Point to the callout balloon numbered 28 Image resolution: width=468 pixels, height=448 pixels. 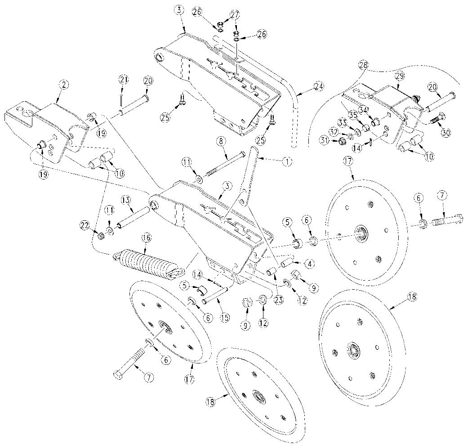coord(364,64)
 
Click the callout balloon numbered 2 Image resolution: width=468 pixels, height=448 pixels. coord(63,85)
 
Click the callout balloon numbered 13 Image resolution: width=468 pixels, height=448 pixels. coord(127,200)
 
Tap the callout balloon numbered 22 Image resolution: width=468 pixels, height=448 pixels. coord(85,225)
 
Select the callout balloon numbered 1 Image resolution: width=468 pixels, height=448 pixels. coord(287,161)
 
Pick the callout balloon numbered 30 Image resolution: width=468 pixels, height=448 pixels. coord(446,133)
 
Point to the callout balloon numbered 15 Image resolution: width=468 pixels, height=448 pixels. coord(225,318)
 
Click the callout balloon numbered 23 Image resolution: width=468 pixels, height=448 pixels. coord(278,300)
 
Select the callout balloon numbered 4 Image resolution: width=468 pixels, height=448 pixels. coord(309,264)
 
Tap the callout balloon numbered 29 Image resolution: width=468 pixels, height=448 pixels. coord(400,76)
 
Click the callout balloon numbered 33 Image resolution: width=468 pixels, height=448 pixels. coord(342,122)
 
